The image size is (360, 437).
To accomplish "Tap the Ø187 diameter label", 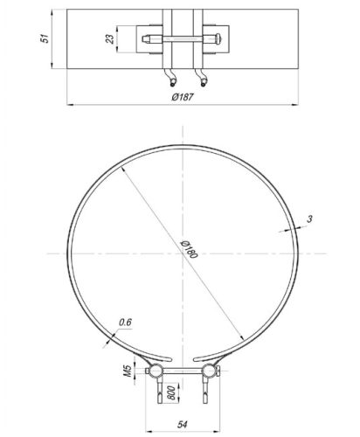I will tap(183, 98).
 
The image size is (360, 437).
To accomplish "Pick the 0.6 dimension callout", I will tap(125, 324).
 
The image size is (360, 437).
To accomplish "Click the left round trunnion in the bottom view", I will tap(156, 372).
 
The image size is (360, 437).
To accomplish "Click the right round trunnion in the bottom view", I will tap(207, 372).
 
